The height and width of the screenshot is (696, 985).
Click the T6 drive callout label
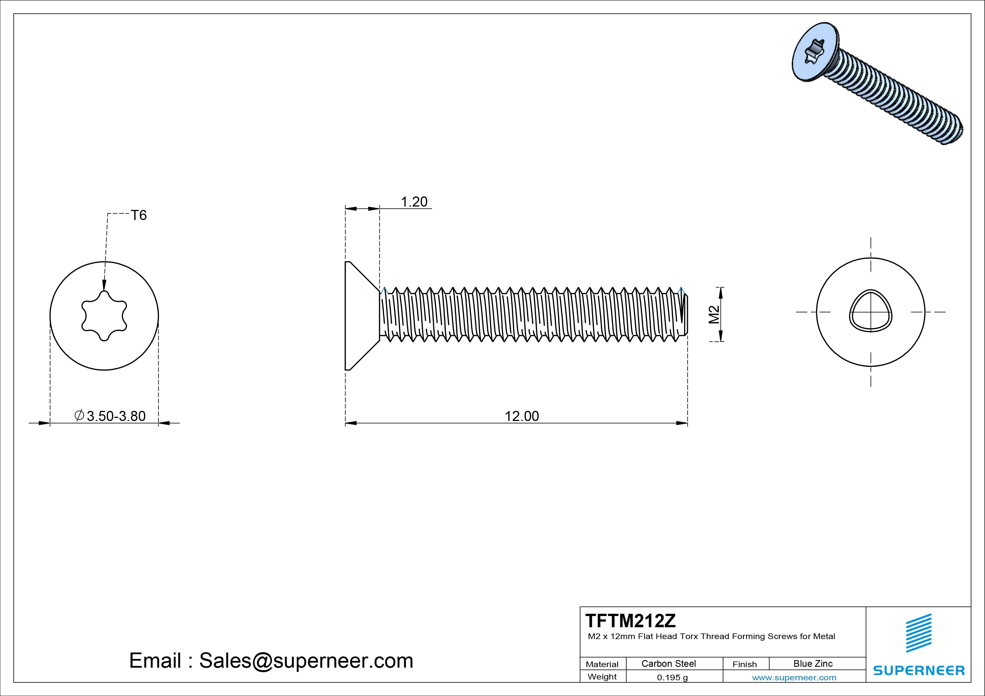139,215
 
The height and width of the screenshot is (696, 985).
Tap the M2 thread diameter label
714,314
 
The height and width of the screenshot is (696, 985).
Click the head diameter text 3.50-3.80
116,416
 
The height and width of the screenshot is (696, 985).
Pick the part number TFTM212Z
630,621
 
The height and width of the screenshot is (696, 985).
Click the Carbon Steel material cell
668,663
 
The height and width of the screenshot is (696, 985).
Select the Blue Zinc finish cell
813,663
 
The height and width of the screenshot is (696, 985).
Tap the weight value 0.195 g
672,677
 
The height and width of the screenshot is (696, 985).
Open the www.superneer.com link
794,677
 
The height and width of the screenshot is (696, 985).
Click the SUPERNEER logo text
919,670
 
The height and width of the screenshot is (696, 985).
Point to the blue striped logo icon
918,633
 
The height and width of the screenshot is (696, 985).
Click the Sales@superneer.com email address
306,660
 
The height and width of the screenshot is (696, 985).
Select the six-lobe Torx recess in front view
104,316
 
